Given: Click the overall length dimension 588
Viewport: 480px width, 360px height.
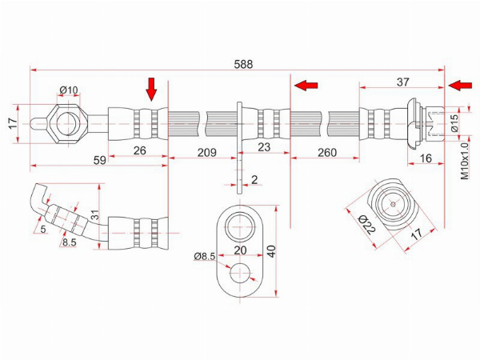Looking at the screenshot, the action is (x=243, y=64).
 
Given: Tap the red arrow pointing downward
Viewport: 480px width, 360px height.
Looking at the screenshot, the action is (x=151, y=90).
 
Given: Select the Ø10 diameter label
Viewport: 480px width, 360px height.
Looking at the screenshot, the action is (x=69, y=90).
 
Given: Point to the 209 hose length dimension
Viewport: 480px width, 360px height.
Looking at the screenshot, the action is (x=207, y=152).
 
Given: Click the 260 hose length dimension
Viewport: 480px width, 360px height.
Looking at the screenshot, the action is (x=327, y=152).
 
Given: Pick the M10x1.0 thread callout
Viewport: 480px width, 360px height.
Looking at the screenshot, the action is (x=464, y=162).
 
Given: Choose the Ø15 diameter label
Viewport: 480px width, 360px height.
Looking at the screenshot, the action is (x=455, y=122).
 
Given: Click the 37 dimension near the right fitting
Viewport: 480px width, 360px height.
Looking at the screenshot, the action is (x=403, y=82).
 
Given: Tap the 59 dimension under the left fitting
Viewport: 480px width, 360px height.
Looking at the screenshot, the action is (x=100, y=160).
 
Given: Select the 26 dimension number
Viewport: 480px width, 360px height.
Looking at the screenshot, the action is (x=139, y=150).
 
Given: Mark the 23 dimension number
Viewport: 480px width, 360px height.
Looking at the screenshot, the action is (x=264, y=147).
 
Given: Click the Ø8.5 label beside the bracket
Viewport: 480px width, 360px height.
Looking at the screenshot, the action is (x=205, y=256).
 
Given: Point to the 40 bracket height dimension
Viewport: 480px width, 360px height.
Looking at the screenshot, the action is (x=271, y=251).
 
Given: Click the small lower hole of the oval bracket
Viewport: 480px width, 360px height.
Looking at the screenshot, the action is (x=240, y=273).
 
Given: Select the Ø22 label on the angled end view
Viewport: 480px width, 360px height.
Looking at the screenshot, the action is (x=366, y=224).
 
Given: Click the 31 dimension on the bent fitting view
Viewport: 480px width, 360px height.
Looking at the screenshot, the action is (x=95, y=214).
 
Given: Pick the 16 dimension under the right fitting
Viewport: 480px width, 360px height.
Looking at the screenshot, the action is (x=426, y=158).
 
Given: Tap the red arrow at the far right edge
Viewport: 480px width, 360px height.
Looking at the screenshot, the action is (x=460, y=85).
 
